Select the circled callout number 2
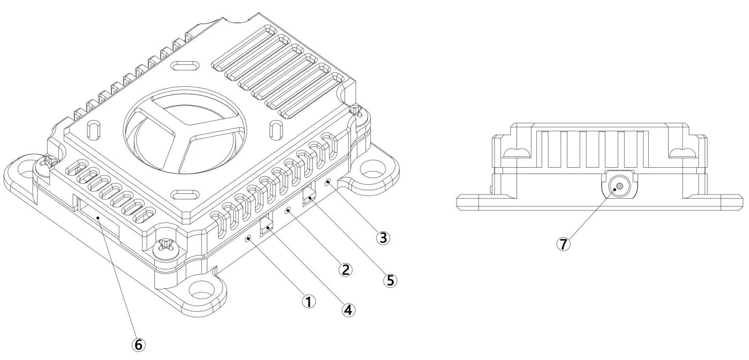(x=346, y=269)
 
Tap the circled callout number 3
(x=382, y=237)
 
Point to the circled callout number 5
(x=390, y=279)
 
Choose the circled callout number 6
(x=138, y=344)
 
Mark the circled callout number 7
(x=563, y=243)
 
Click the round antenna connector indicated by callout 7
(x=619, y=187)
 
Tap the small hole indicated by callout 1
(x=248, y=239)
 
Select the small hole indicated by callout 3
(x=327, y=183)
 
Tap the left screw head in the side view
(x=518, y=153)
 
